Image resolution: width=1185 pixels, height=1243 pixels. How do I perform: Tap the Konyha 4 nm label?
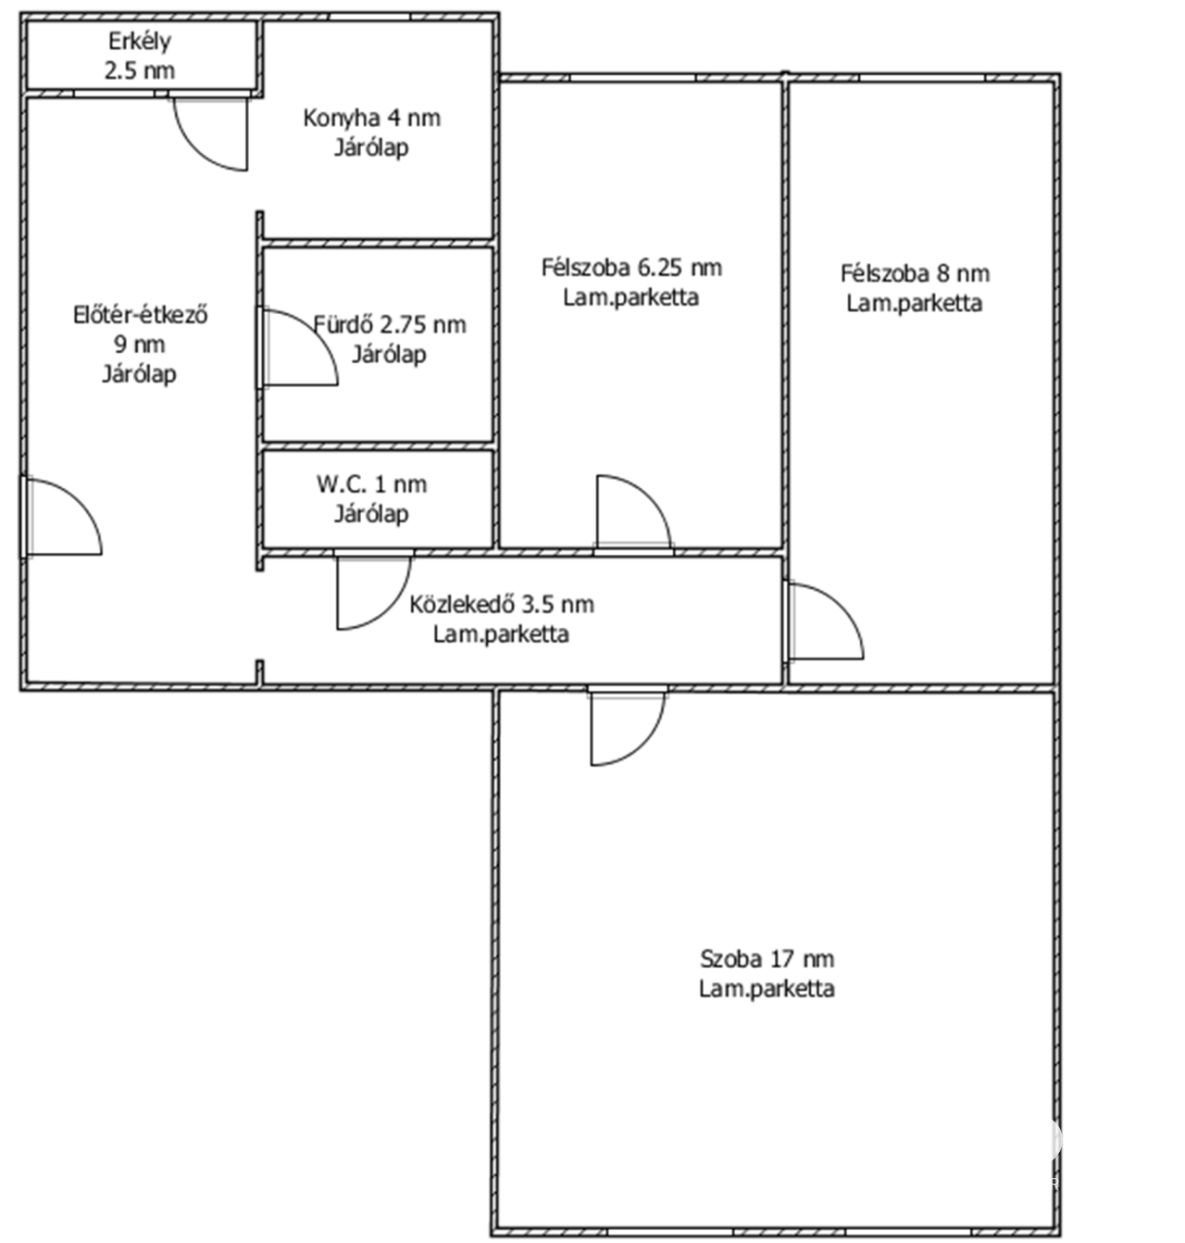[371, 119]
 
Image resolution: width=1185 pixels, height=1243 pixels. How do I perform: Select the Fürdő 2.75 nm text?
[390, 325]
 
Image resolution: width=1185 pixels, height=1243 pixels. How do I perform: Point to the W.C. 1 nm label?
[371, 484]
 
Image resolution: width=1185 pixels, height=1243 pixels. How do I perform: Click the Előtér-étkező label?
[141, 315]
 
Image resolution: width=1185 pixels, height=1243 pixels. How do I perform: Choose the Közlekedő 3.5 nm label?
[502, 605]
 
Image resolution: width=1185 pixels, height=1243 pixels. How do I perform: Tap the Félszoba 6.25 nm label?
[631, 268]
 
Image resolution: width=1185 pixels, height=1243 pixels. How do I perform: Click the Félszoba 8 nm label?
[915, 274]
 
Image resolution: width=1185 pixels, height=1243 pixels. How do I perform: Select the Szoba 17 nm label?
[767, 960]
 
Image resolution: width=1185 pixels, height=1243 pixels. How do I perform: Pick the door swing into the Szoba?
[642, 744]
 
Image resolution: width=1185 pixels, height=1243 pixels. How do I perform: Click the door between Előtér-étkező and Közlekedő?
[389, 608]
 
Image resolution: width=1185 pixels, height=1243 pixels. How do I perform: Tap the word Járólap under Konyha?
[371, 147]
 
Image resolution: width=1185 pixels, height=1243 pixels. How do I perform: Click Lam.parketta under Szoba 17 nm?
[767, 988]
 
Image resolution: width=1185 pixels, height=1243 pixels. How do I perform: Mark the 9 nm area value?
[140, 345]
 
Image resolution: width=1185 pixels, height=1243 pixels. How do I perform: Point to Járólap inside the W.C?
[371, 514]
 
